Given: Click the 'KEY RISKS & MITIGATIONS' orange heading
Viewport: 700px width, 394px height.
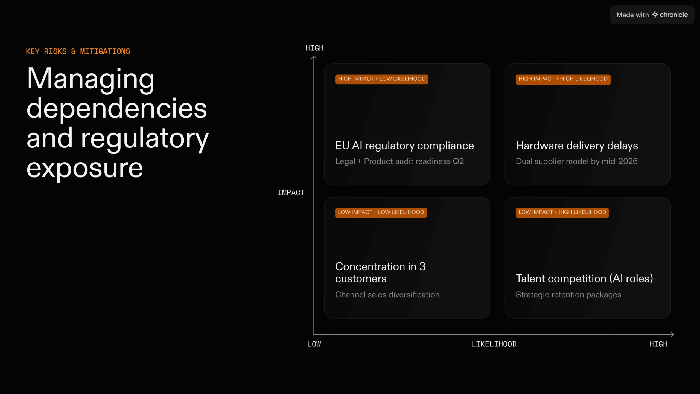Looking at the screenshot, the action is [x=78, y=51].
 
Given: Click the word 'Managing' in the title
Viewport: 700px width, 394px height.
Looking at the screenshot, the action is [x=91, y=79].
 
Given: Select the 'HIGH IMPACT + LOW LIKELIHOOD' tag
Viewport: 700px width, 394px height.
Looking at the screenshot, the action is [x=381, y=79].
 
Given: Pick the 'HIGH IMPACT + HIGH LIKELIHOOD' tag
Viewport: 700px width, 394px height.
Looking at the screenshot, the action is [x=563, y=79].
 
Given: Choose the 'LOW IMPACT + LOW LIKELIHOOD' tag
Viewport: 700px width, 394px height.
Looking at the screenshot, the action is [x=381, y=212].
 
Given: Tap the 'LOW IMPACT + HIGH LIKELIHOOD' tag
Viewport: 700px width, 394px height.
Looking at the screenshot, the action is [x=562, y=212].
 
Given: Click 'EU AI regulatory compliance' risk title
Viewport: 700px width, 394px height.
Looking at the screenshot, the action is [x=404, y=146].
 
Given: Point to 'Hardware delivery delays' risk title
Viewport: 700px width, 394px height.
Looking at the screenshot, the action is [x=577, y=146].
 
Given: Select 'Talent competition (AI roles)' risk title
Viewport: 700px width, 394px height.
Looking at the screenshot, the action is [x=584, y=279].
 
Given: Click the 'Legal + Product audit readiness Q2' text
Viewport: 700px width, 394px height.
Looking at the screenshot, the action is [x=399, y=161].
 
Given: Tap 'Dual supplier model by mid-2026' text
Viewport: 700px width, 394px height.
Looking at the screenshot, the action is [x=577, y=161].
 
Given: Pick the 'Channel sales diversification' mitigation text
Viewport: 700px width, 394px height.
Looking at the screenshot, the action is [x=387, y=295].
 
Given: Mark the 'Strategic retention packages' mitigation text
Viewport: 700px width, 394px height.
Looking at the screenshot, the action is [x=568, y=295].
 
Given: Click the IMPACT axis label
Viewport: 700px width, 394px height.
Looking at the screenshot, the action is [x=291, y=193].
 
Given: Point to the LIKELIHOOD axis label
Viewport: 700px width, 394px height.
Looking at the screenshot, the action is [x=494, y=344].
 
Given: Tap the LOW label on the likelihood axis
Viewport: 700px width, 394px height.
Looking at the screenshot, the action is [x=314, y=344].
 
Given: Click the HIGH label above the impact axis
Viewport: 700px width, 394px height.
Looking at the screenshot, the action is [x=314, y=48].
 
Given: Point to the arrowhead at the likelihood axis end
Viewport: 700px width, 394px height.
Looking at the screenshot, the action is [x=673, y=334].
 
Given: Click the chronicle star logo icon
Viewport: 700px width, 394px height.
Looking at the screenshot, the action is [x=655, y=15].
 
